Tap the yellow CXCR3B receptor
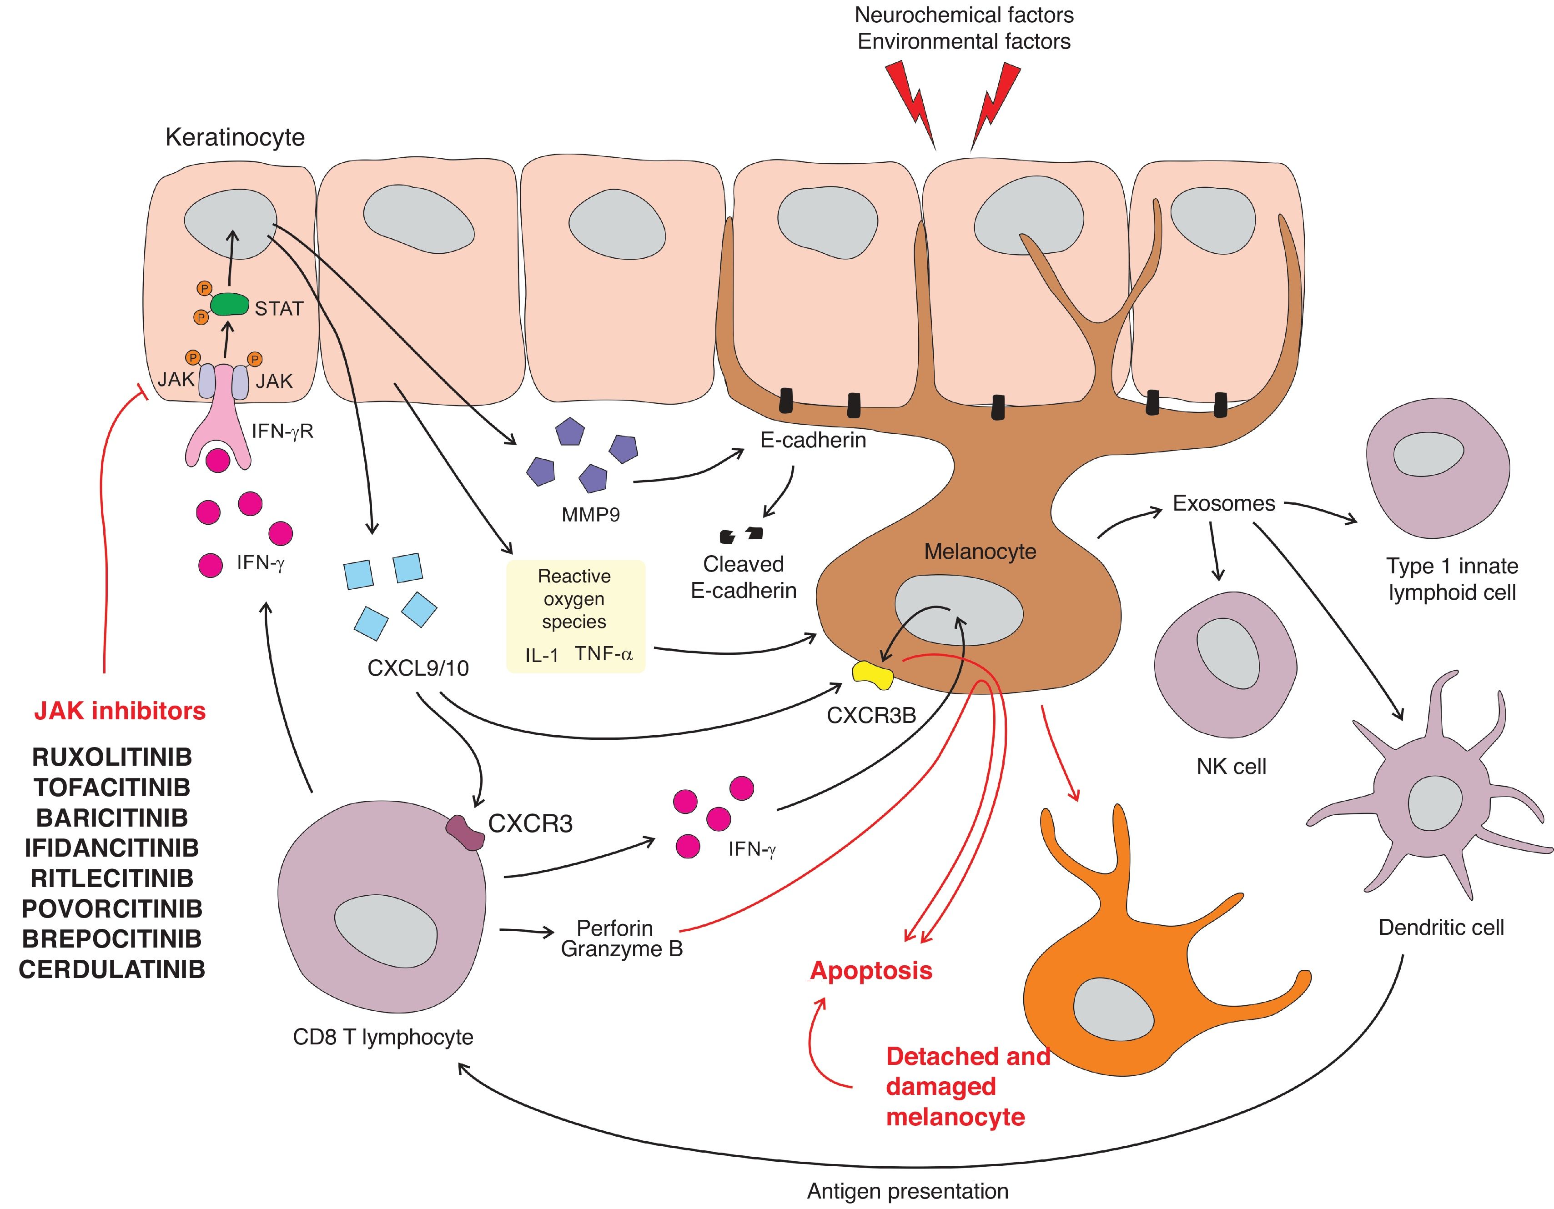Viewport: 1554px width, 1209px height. [x=873, y=674]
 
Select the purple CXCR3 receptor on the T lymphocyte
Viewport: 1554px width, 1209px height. [x=465, y=833]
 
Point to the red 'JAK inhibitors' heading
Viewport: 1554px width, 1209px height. [x=120, y=711]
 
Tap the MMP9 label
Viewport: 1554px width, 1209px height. [x=591, y=514]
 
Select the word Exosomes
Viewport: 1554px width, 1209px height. [x=1224, y=503]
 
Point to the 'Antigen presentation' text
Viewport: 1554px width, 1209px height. [x=907, y=1190]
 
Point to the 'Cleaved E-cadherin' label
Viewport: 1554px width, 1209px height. [x=744, y=577]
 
